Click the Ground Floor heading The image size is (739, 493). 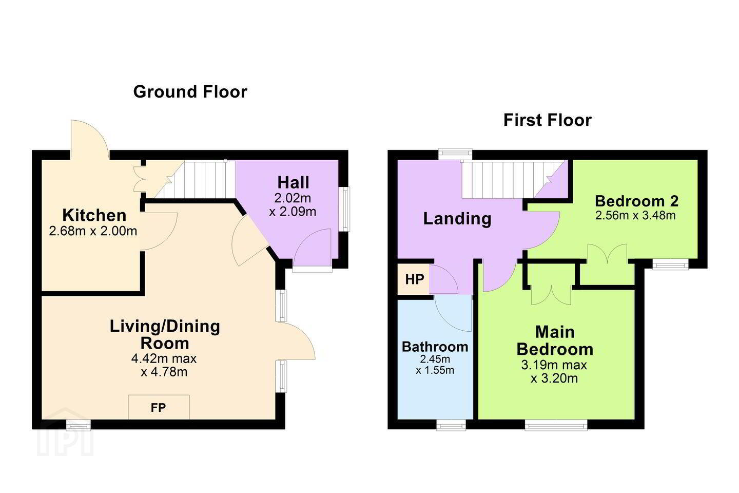click(190, 92)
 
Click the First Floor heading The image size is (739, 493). click(547, 120)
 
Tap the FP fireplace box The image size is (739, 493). click(159, 407)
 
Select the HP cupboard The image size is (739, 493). click(414, 279)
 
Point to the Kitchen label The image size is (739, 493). click(94, 215)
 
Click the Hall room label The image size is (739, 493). click(294, 182)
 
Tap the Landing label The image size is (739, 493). click(457, 219)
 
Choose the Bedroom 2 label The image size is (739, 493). click(636, 201)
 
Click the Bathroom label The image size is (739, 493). click(435, 347)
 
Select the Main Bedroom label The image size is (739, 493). click(555, 340)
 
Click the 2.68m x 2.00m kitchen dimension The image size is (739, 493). click(93, 231)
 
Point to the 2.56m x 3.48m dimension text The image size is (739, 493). click(635, 216)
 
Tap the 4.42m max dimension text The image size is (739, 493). click(164, 358)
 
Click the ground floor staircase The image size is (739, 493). click(195, 179)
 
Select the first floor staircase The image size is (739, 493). click(513, 179)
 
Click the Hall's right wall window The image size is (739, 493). click(345, 210)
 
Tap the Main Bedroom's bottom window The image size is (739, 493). click(556, 425)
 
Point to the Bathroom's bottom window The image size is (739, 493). click(451, 425)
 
